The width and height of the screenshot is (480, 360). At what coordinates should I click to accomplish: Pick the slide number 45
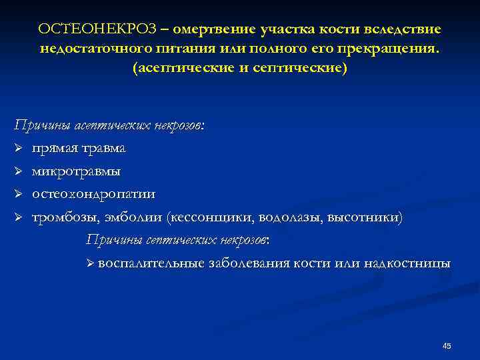click(x=447, y=345)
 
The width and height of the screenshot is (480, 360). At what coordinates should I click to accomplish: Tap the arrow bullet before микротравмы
click(x=19, y=171)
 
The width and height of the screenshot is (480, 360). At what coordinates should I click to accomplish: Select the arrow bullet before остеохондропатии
click(x=19, y=194)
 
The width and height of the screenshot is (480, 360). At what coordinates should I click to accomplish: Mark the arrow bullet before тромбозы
click(x=19, y=217)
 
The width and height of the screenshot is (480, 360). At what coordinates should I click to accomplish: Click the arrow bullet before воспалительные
click(x=91, y=263)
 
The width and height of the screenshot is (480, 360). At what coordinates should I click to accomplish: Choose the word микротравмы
click(x=77, y=171)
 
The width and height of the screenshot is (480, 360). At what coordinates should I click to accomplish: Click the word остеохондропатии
click(x=94, y=194)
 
